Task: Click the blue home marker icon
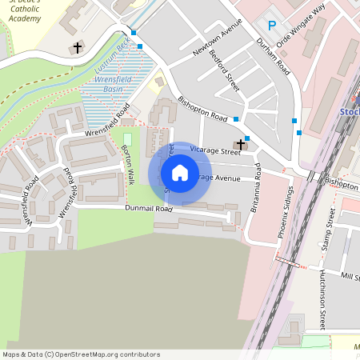pos(180,173)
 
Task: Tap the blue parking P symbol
pos(272,26)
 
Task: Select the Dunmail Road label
pos(149,208)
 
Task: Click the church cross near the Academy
pos(78,48)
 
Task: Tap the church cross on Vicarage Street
pos(239,146)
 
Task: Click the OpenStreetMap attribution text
pos(82,354)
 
